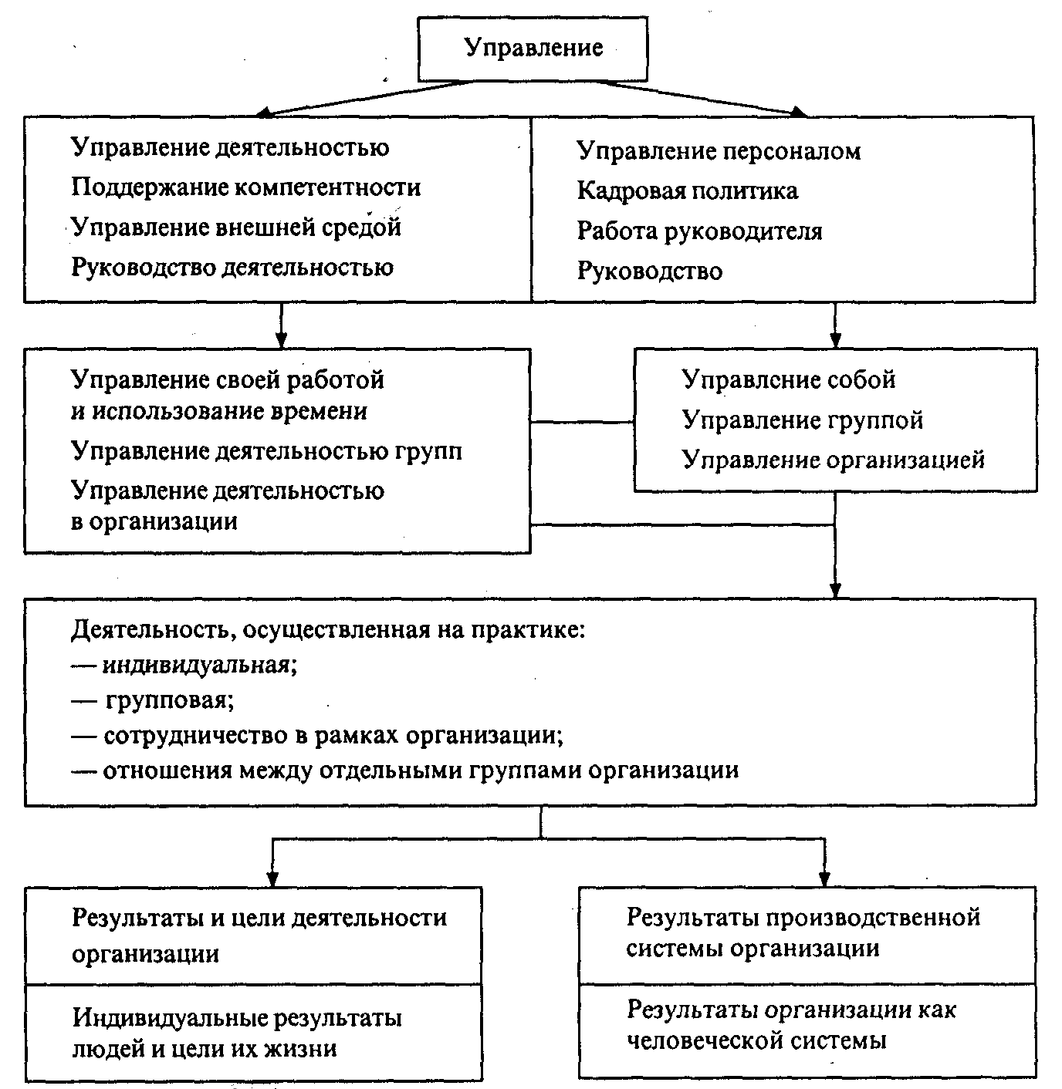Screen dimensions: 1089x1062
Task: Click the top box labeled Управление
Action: coord(533,49)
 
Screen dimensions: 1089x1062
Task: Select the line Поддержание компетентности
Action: coord(245,187)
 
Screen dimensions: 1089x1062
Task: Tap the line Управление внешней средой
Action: coord(236,228)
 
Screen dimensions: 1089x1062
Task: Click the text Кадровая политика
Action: coord(687,190)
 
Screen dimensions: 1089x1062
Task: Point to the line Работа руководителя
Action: coord(699,231)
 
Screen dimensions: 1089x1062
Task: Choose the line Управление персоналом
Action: coord(718,150)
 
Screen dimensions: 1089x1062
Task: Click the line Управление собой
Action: coord(788,379)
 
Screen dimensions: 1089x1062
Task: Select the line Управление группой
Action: coord(802,420)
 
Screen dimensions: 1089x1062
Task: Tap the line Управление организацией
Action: coord(833,460)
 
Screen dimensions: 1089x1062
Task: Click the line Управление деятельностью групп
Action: coord(266,450)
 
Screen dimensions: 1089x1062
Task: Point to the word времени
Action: coord(319,411)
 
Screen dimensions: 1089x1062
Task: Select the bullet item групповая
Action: coord(169,700)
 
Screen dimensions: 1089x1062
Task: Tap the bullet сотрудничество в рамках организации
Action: coord(333,735)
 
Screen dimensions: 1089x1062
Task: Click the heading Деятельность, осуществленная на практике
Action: coord(328,630)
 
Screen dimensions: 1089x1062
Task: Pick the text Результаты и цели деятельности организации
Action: coord(259,934)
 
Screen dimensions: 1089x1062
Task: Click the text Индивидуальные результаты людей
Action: coord(237,1018)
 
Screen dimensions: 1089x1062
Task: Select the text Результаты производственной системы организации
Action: coord(803,932)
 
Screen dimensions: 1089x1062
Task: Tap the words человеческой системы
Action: coord(756,1041)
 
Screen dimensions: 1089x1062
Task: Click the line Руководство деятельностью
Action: coord(232,268)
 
